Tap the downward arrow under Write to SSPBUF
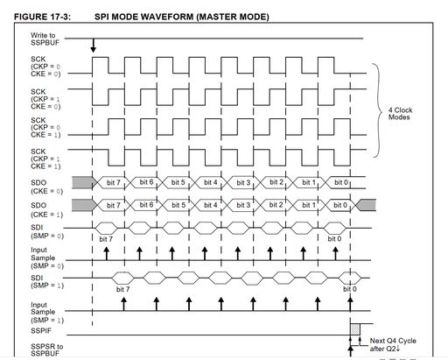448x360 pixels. point(93,46)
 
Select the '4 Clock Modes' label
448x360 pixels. point(400,114)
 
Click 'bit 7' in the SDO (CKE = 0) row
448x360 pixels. point(114,182)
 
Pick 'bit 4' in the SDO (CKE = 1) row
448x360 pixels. point(211,205)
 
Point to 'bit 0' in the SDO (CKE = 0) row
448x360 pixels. point(341,182)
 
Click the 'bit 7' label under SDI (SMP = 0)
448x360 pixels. point(106,239)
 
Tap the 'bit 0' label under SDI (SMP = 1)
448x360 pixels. point(350,289)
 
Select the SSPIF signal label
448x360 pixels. point(41,331)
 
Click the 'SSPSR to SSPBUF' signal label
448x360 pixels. point(46,349)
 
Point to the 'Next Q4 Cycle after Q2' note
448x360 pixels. point(393,344)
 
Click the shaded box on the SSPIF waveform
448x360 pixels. point(355,329)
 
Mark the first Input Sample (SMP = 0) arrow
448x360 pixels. point(107,253)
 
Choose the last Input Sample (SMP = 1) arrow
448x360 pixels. point(350,304)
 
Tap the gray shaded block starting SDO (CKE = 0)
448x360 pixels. point(84,182)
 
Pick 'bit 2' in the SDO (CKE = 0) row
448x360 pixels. point(276,182)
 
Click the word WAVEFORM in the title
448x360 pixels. point(165,17)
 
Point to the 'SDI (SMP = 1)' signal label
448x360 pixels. point(47,281)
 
